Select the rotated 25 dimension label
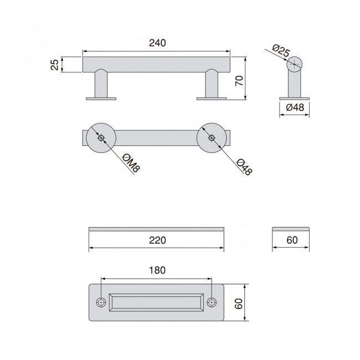[x=54, y=64]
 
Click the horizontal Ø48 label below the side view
[x=294, y=107]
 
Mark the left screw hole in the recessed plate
[x=101, y=302]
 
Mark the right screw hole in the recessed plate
[x=212, y=302]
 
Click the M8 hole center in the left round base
[x=100, y=138]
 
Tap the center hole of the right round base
[x=212, y=137]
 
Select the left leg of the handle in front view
[x=101, y=84]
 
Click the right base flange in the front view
[x=212, y=99]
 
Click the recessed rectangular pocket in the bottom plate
[x=157, y=302]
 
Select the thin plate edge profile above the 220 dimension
[x=157, y=228]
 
